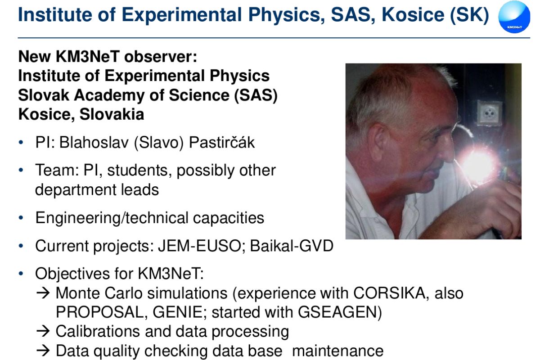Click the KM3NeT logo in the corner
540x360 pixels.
point(514,17)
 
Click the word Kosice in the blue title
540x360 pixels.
point(413,14)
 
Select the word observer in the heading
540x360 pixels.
point(161,57)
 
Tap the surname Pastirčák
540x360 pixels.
point(221,142)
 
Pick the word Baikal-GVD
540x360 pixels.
point(292,246)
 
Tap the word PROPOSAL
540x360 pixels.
point(102,312)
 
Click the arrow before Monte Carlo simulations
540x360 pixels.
point(43,293)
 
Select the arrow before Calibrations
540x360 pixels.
point(43,331)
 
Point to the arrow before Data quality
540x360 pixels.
point(43,351)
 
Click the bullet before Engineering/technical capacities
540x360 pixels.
point(21,218)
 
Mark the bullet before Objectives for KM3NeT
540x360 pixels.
point(21,274)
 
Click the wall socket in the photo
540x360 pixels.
point(490,112)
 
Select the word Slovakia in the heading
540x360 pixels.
point(112,114)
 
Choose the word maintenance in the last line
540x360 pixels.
point(338,351)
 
